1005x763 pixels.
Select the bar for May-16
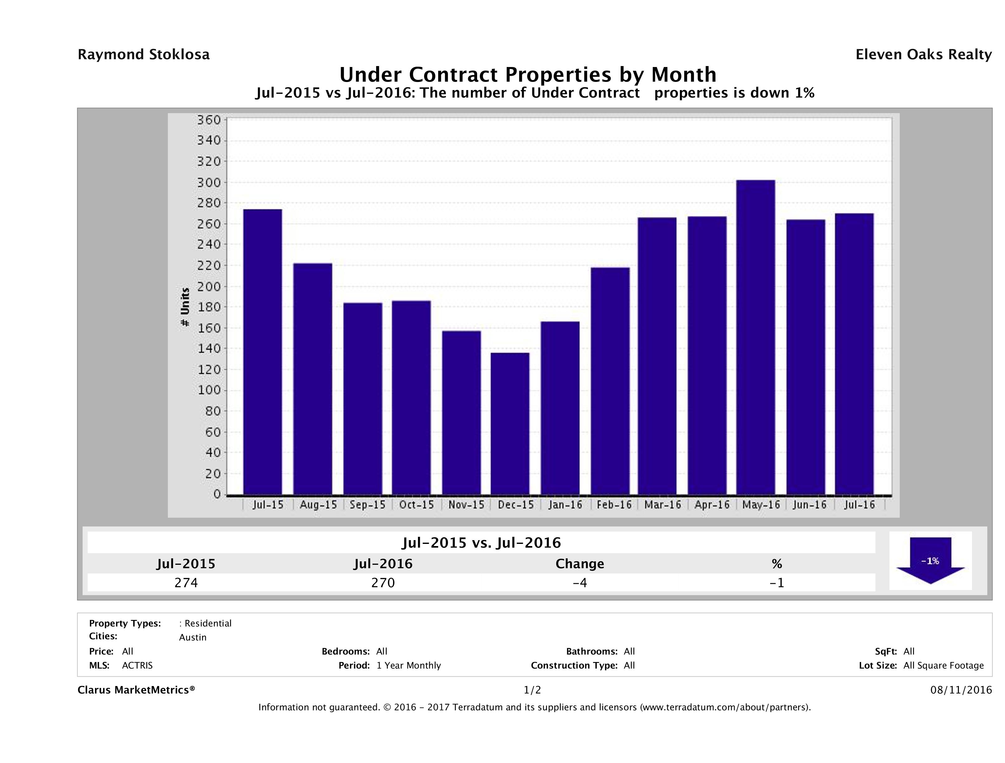(x=756, y=337)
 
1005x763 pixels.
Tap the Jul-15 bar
(x=263, y=352)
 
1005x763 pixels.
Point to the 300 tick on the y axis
(x=209, y=182)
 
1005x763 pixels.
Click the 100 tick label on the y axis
(x=209, y=390)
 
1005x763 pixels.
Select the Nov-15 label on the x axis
(x=466, y=505)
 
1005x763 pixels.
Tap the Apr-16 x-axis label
(x=712, y=505)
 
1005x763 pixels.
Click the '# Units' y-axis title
(x=185, y=307)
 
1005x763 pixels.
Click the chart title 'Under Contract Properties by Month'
(x=528, y=74)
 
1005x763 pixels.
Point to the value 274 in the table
(x=186, y=583)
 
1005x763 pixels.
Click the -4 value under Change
(x=580, y=583)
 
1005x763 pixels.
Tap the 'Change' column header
(x=580, y=564)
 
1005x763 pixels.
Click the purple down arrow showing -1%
(x=930, y=561)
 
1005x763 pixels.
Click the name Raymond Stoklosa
(x=144, y=55)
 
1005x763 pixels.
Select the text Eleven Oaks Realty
(x=923, y=55)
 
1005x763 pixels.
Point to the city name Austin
(x=193, y=637)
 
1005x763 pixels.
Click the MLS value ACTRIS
(x=137, y=665)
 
